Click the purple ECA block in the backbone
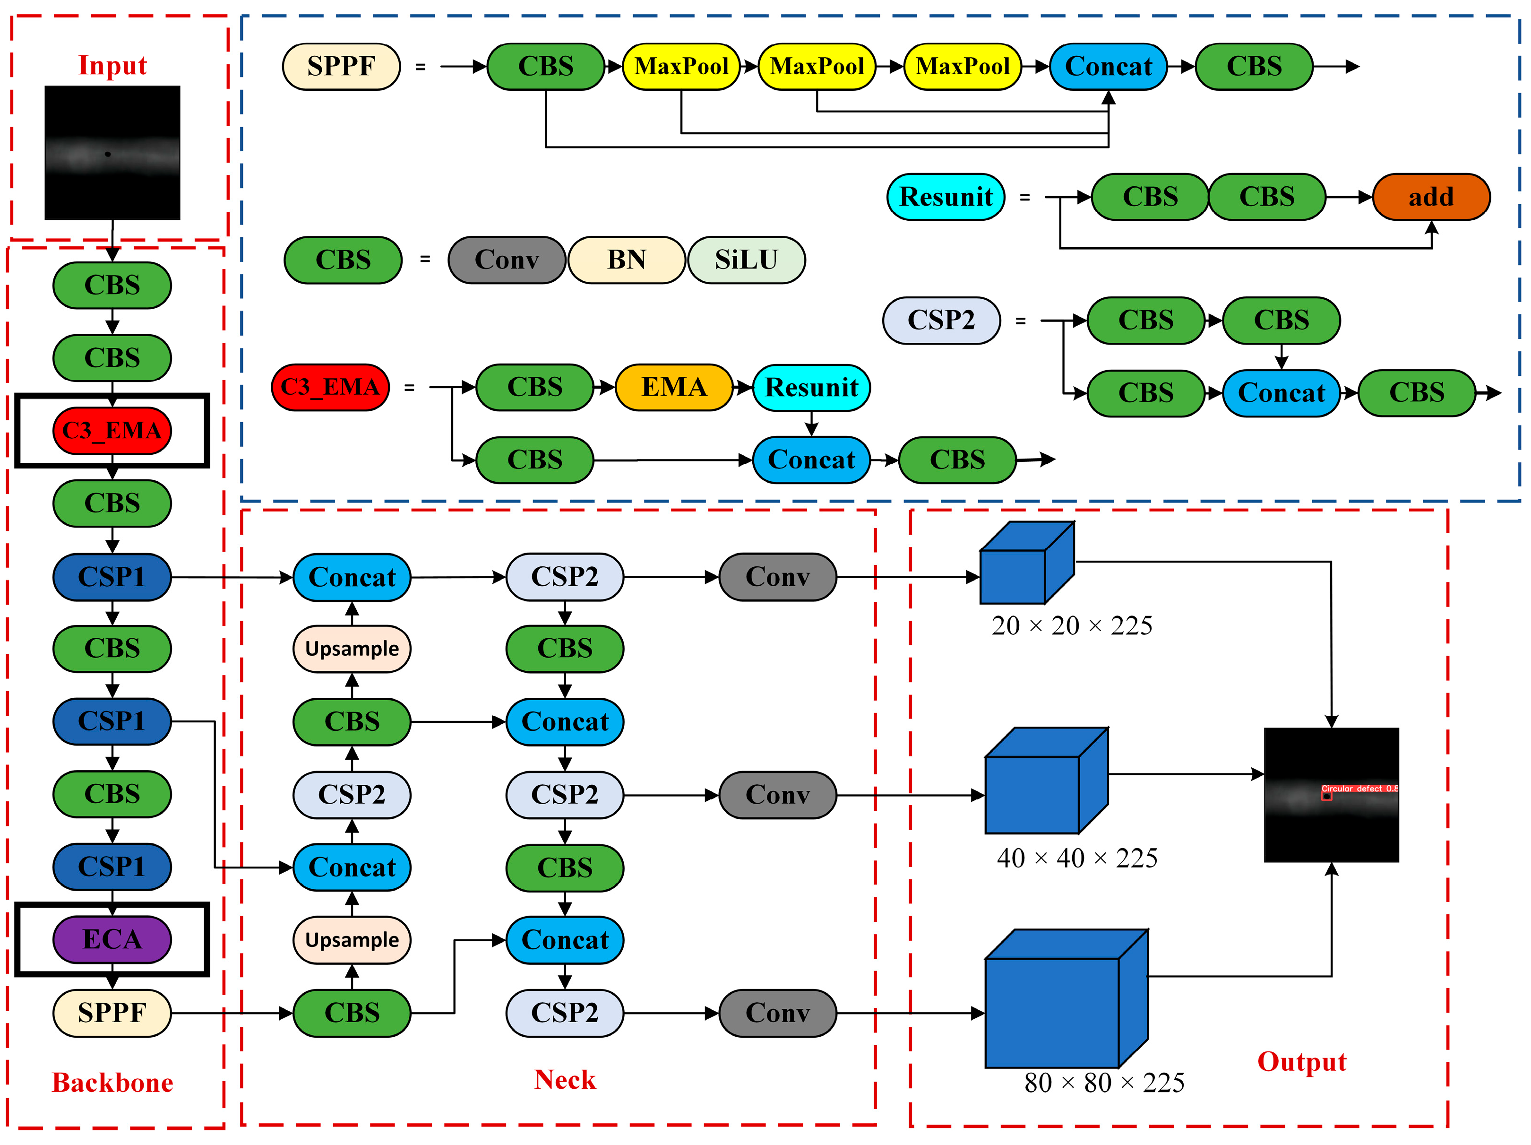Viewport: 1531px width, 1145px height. (x=112, y=939)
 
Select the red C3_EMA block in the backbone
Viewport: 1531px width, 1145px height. (x=112, y=431)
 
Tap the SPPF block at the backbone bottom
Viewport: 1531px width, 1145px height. (x=112, y=1013)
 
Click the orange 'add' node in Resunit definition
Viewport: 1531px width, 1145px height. (x=1431, y=197)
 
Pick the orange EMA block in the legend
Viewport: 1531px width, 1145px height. (x=673, y=387)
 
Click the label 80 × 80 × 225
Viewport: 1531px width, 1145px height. (x=1104, y=1083)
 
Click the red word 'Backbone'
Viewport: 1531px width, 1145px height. (x=112, y=1083)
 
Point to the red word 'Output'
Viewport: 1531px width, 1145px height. (x=1301, y=1062)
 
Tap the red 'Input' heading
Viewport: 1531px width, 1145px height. (x=112, y=65)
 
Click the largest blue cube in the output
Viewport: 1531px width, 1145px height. (x=1059, y=1004)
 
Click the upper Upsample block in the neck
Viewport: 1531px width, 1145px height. (x=352, y=649)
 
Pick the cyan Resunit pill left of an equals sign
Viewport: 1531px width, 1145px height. (x=946, y=197)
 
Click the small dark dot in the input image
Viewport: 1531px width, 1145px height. (x=107, y=154)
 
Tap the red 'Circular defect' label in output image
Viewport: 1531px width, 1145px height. (x=1359, y=789)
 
